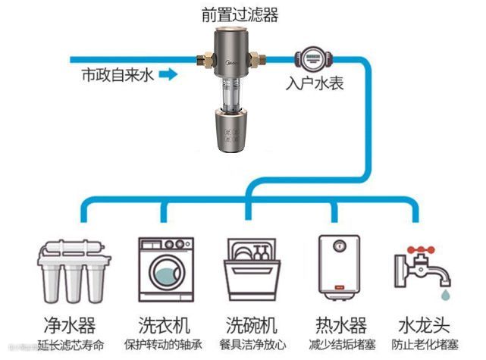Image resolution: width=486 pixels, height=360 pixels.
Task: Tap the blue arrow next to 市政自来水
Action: (169, 75)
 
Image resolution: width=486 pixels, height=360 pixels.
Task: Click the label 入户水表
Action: (315, 82)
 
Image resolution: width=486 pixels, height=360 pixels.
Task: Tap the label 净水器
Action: (70, 326)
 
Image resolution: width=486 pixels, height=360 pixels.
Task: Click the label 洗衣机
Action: (161, 326)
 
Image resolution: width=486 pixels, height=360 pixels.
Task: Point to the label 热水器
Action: (338, 326)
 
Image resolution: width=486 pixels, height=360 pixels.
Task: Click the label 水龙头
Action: (424, 326)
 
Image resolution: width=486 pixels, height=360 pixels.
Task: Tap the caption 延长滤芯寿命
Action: (70, 346)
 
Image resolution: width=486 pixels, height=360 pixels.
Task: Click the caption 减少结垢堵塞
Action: (338, 346)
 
